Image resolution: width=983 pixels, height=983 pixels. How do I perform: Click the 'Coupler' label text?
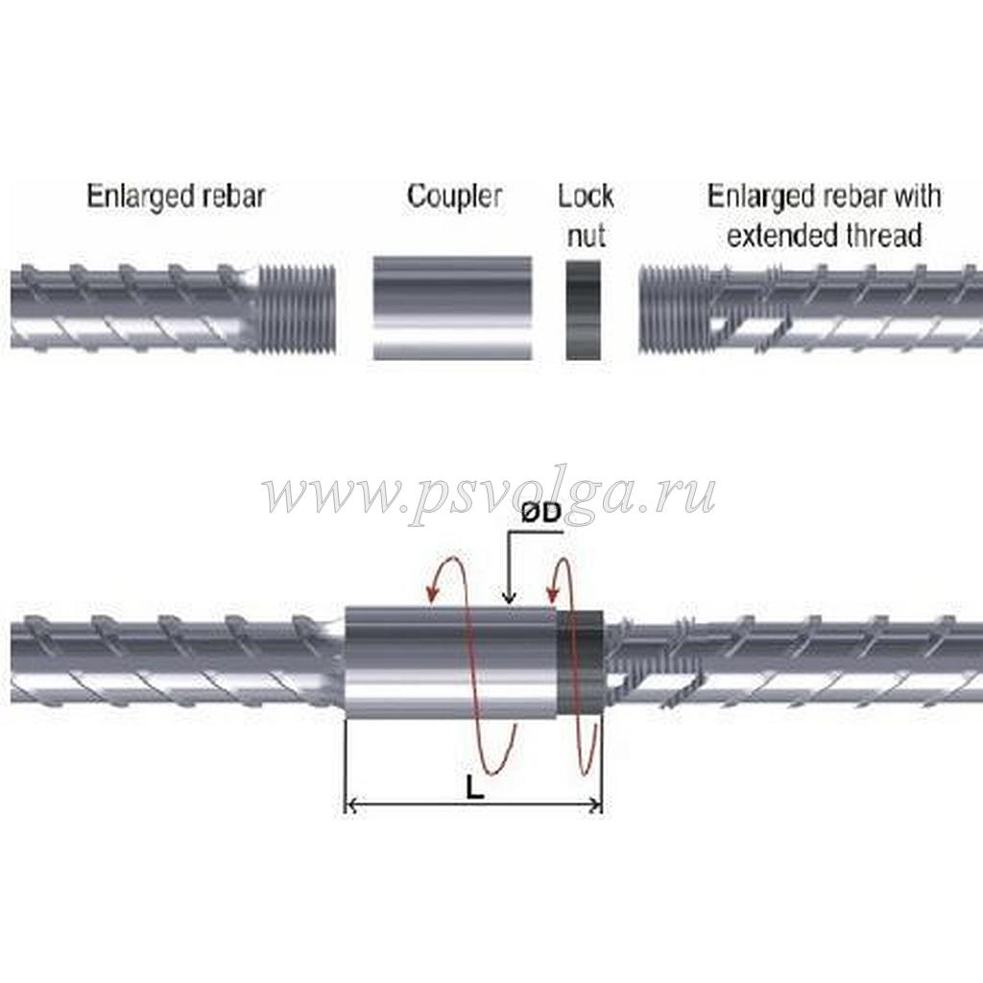coord(454,197)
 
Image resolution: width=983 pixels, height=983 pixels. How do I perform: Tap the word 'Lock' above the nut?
coord(586,197)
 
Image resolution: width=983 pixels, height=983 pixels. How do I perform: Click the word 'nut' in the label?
coord(585,234)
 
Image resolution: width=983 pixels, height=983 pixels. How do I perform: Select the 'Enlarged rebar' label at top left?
coord(176,197)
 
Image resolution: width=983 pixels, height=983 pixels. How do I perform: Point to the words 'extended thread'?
coord(825,234)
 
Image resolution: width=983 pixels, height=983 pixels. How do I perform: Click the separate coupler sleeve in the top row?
coord(451,307)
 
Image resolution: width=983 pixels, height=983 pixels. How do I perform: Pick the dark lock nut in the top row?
coord(584,309)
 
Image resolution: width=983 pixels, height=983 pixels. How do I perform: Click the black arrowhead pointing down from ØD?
coord(511,598)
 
